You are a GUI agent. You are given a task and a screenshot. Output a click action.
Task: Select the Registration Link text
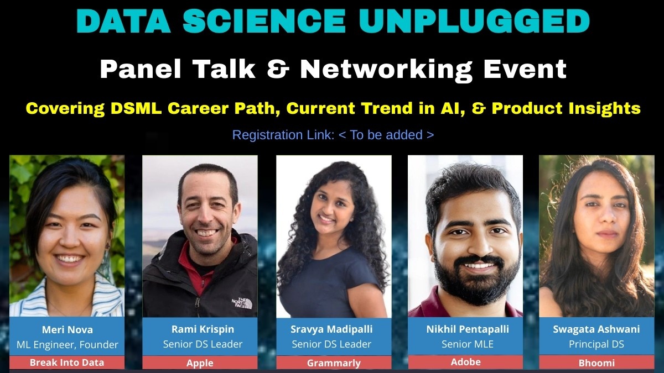pos(333,135)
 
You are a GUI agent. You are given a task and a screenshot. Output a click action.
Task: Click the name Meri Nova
pos(67,330)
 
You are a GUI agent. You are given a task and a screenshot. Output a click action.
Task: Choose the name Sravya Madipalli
pos(331,329)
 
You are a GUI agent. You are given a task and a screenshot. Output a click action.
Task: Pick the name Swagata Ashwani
pos(596,329)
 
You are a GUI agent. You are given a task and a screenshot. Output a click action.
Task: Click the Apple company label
pos(200,363)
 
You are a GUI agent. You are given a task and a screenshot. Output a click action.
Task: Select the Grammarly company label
pos(334,363)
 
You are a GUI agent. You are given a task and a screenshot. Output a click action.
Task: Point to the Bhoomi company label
pos(596,363)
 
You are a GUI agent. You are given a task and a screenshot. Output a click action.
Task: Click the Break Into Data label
pos(67,363)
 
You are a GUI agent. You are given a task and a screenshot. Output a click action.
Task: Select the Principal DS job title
pos(596,344)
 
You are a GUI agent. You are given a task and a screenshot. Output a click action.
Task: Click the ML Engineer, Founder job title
pos(67,345)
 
